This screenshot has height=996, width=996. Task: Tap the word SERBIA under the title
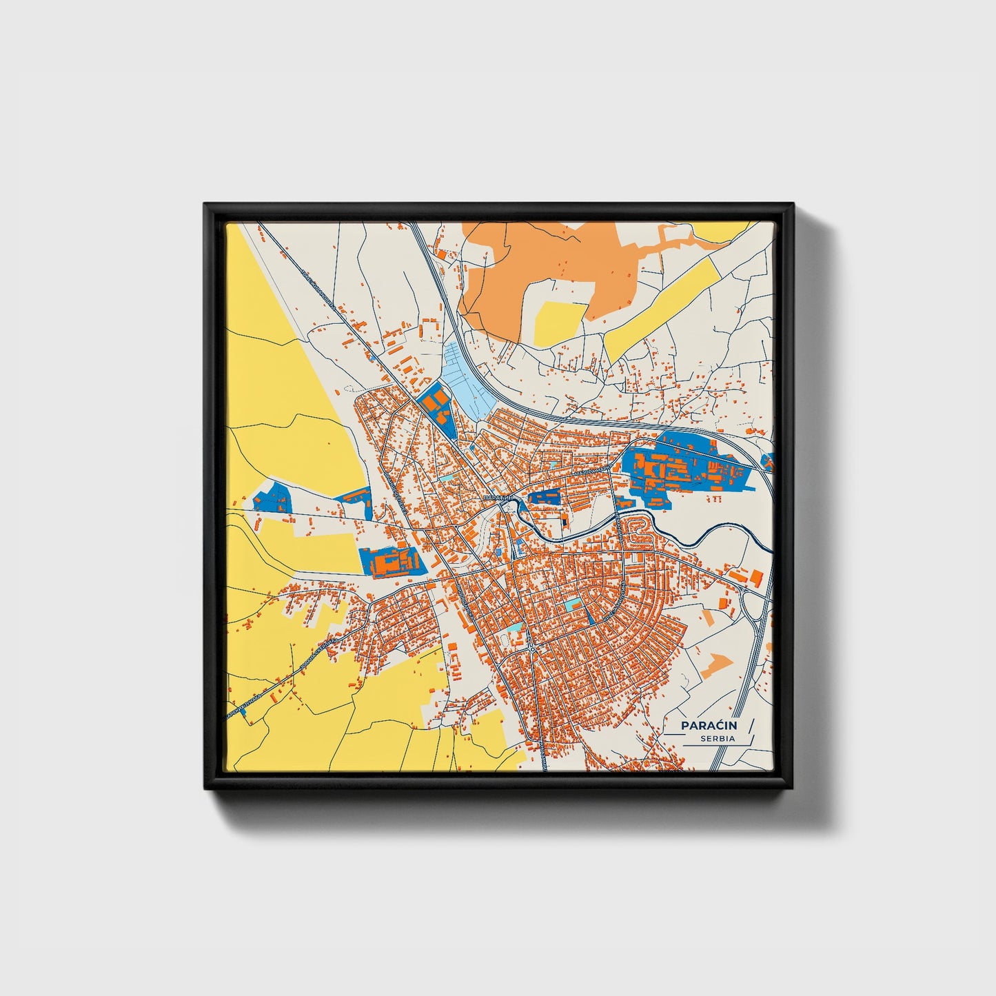pyautogui.click(x=717, y=739)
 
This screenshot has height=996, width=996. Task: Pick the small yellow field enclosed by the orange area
pyautogui.click(x=560, y=322)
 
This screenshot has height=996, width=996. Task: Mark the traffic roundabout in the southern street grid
pyautogui.click(x=533, y=649)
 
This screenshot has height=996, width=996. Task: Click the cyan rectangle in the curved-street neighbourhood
pyautogui.click(x=573, y=605)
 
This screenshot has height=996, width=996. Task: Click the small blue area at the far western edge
pyautogui.click(x=271, y=497)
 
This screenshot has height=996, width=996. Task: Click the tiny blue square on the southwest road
pyautogui.click(x=243, y=713)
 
